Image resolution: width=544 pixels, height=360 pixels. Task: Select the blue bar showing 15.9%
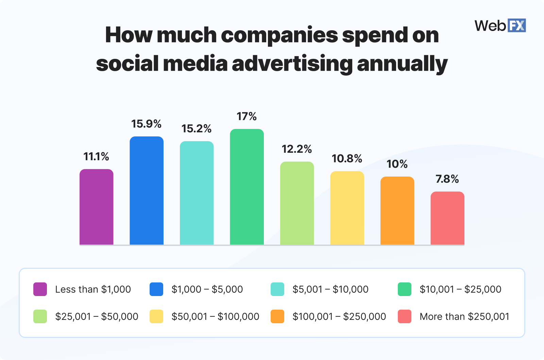147,191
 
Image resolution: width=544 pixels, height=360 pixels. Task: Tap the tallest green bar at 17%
247,187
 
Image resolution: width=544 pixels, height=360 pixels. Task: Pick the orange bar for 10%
397,211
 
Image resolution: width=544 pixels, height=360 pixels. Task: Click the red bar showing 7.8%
447,218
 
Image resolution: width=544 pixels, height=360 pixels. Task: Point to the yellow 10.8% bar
347,208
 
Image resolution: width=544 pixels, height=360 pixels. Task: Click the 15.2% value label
197,129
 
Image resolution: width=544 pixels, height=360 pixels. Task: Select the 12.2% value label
297,149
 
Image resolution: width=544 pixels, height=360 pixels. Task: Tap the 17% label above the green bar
247,116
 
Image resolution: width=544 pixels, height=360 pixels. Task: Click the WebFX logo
500,26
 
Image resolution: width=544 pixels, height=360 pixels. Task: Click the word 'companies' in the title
279,35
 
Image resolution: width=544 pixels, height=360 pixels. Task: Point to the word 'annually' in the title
402,64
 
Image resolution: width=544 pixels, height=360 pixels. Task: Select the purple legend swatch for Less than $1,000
40,289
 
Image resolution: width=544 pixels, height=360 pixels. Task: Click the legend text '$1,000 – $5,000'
207,289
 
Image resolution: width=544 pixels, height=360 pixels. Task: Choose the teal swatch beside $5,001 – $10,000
277,289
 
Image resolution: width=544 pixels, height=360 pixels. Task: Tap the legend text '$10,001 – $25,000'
460,289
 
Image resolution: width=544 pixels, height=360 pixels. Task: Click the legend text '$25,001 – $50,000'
97,316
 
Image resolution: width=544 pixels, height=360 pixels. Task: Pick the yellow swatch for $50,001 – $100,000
156,316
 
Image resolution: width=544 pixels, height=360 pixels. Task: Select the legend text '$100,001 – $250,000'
339,316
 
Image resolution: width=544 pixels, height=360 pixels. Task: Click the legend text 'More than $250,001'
464,316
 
